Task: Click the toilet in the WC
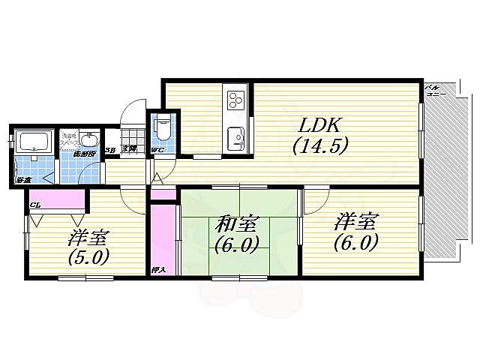162,129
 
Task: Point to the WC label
157,151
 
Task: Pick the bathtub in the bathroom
32,142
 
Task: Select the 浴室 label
23,180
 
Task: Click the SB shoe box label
109,150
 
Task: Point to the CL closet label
34,204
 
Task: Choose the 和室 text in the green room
238,224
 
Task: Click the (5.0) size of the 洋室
89,256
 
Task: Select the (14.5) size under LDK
320,145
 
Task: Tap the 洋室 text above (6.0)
356,222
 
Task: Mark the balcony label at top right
434,90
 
